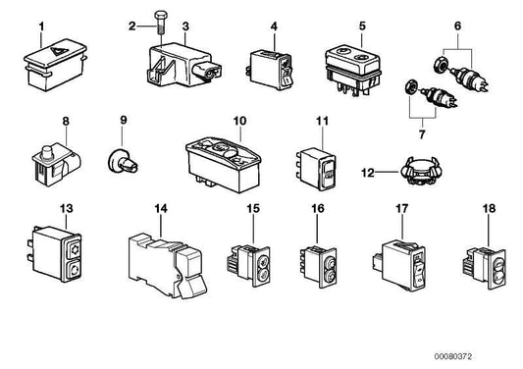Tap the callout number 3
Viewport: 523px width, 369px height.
pos(186,26)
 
